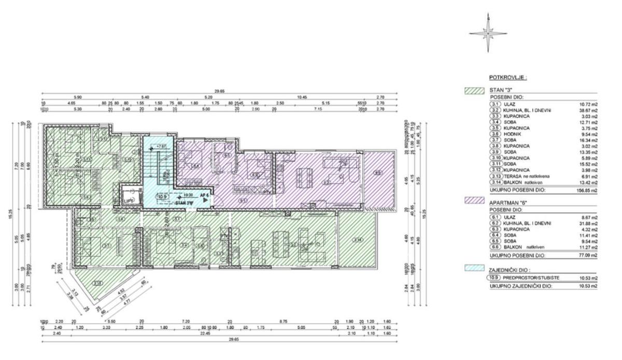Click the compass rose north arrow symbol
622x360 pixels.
[x=488, y=33]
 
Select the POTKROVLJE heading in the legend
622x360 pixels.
[x=508, y=78]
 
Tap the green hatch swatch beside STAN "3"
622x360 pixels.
[x=474, y=91]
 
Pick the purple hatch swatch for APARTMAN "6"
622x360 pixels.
[x=474, y=199]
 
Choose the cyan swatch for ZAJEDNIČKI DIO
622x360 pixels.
[x=474, y=269]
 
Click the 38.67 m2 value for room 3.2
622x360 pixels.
[x=587, y=111]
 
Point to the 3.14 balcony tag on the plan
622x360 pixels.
[x=357, y=239]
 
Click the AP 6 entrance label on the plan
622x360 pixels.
[x=204, y=196]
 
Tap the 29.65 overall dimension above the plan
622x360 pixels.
[x=219, y=91]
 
